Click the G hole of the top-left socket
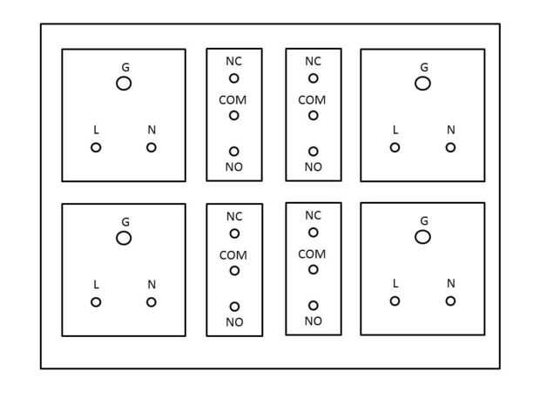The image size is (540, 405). click(x=124, y=83)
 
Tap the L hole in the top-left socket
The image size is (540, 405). click(x=96, y=147)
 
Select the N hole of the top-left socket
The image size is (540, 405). click(x=152, y=147)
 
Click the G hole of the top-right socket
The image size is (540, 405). click(x=422, y=83)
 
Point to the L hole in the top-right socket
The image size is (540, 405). click(x=395, y=146)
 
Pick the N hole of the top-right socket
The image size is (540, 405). click(x=450, y=146)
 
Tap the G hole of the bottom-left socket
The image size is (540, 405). click(x=124, y=238)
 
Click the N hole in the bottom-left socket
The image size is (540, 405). click(x=152, y=302)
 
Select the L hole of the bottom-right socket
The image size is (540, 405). click(x=395, y=301)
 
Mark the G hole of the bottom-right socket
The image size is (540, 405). click(x=422, y=237)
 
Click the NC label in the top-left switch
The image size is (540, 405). click(x=233, y=63)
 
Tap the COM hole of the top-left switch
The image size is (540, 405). click(x=233, y=115)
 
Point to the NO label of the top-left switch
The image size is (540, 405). click(x=233, y=166)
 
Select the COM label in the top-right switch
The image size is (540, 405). click(x=313, y=100)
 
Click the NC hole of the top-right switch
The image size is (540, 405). click(x=313, y=78)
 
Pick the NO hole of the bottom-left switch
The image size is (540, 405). click(x=233, y=307)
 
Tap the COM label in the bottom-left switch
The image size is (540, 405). click(x=233, y=255)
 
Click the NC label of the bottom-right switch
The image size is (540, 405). click(x=313, y=214)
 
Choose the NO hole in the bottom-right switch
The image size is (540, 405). click(x=313, y=306)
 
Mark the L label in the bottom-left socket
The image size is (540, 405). click(x=96, y=285)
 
